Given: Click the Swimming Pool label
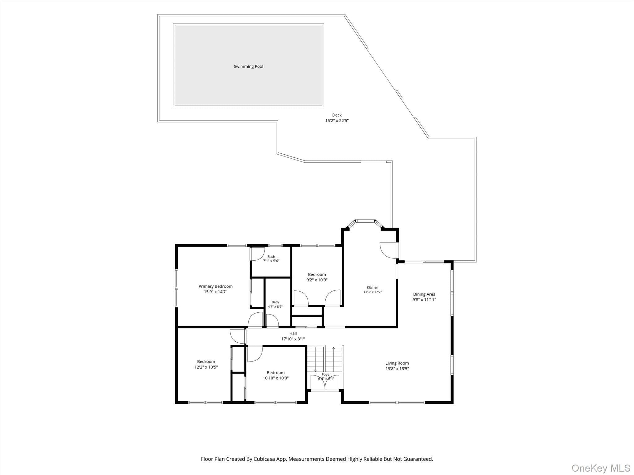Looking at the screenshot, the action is pyautogui.click(x=248, y=66).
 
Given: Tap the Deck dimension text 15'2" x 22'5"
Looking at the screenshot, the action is pyautogui.click(x=337, y=121).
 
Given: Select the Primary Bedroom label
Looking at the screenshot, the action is pyautogui.click(x=215, y=286).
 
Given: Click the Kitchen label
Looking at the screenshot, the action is pyautogui.click(x=372, y=287).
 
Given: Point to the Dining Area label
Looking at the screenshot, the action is pyautogui.click(x=424, y=294).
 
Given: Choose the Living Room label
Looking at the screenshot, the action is pyautogui.click(x=397, y=363).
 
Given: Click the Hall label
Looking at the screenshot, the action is pyautogui.click(x=293, y=333).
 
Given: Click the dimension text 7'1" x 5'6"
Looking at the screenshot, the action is pyautogui.click(x=271, y=261).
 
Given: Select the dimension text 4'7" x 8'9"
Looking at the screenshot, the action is pyautogui.click(x=275, y=307).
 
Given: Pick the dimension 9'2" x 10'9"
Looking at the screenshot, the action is pyautogui.click(x=317, y=280).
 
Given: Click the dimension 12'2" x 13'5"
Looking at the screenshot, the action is pyautogui.click(x=206, y=367).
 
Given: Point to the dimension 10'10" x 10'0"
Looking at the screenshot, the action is pyautogui.click(x=276, y=378).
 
